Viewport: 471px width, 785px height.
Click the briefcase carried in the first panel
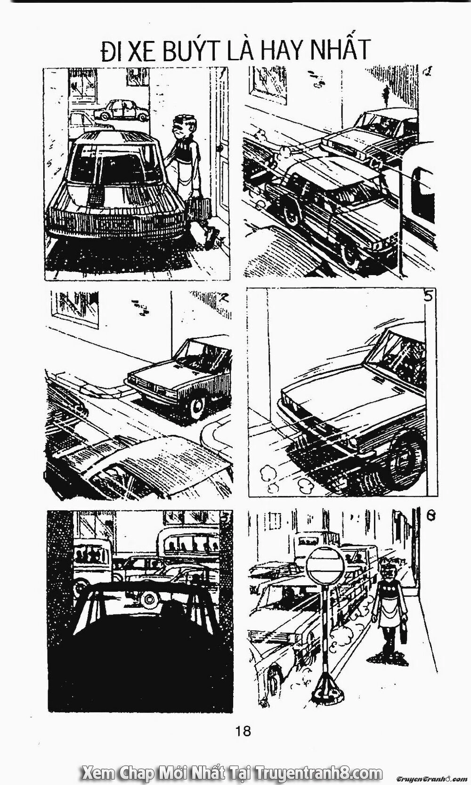(x=198, y=207)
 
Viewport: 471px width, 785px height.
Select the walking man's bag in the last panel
(x=403, y=635)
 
